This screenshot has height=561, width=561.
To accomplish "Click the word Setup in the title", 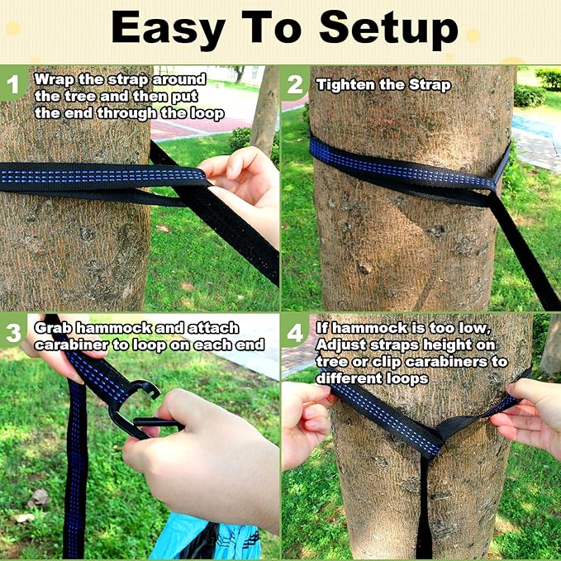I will tap(388, 28).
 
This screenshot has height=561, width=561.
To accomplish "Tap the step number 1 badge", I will tap(12, 83).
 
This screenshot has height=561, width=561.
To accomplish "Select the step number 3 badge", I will tap(12, 331).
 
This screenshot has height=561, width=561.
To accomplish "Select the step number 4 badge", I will tap(295, 331).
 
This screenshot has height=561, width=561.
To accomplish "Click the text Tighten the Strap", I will tap(383, 84).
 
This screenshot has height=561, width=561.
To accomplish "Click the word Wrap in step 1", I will tap(54, 80).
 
